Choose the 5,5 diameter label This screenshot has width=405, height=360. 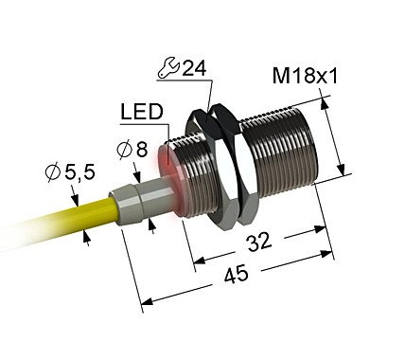[x=82, y=172]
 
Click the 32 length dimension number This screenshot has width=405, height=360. [x=256, y=242]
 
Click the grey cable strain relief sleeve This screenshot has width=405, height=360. [x=132, y=202]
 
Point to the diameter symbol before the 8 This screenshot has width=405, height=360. [x=123, y=150]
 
